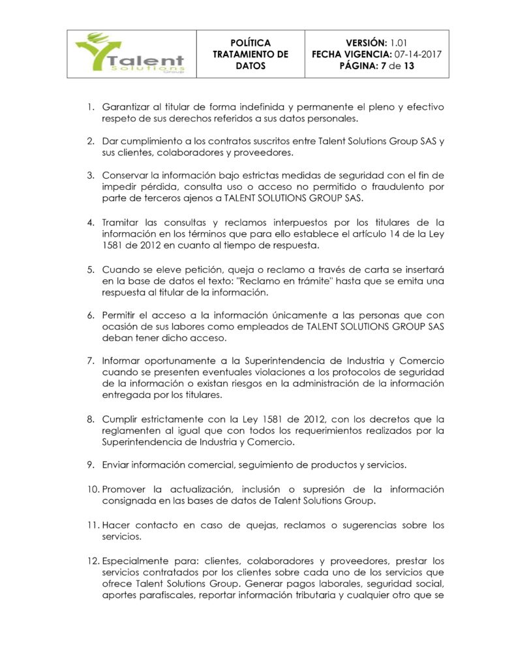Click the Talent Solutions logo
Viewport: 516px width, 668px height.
130,54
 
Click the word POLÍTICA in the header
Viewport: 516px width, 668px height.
250,42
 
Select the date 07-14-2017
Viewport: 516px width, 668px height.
417,54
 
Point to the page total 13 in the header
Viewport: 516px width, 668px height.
408,66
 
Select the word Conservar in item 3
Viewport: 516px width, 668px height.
125,175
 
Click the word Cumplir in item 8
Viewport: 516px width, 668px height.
121,418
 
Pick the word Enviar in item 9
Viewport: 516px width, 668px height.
117,464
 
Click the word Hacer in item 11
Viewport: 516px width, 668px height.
115,524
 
